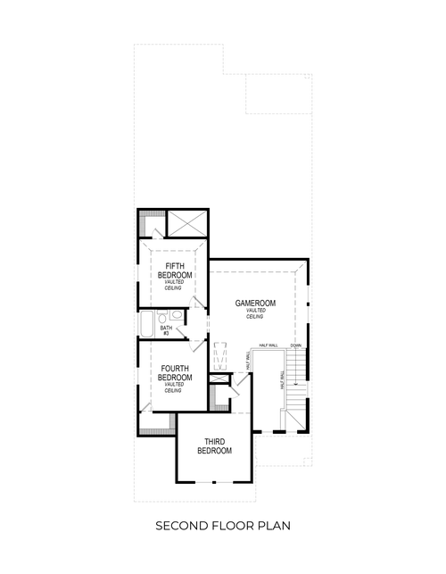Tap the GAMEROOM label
point(255,304)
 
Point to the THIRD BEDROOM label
point(213,446)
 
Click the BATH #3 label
point(166,331)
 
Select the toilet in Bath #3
point(162,317)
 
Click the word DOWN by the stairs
point(295,345)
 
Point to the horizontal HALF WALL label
point(268,345)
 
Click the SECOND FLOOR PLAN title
point(222,526)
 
